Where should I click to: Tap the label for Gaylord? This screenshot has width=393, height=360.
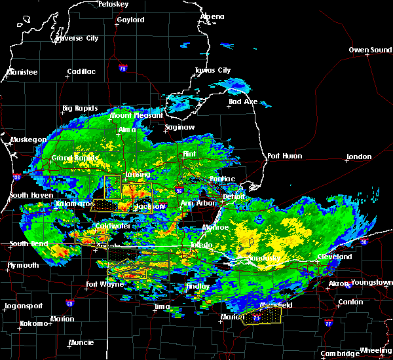(130, 20)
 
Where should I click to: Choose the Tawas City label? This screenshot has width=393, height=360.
(213, 71)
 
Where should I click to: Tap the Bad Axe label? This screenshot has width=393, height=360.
(243, 101)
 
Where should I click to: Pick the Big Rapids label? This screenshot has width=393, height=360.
(80, 108)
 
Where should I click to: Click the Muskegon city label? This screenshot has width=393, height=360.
(28, 139)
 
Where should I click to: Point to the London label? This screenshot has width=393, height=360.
(360, 156)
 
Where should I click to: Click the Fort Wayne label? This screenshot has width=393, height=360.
(105, 285)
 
